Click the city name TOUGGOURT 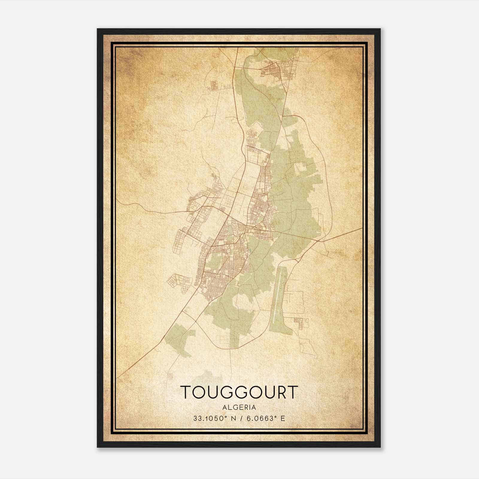pyautogui.click(x=239, y=392)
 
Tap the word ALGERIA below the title pyautogui.click(x=239, y=407)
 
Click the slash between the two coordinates pyautogui.click(x=237, y=419)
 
